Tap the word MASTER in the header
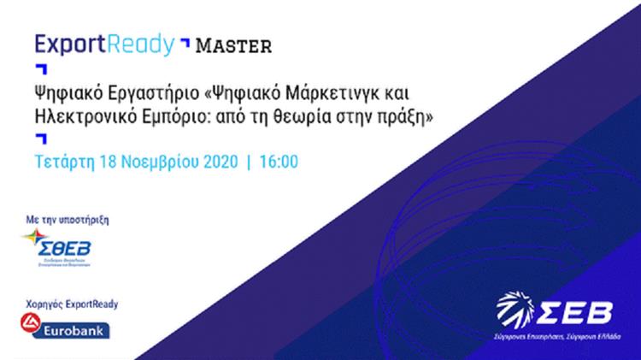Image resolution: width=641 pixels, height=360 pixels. (x=234, y=44)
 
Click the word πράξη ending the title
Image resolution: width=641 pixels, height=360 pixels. (x=407, y=115)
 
